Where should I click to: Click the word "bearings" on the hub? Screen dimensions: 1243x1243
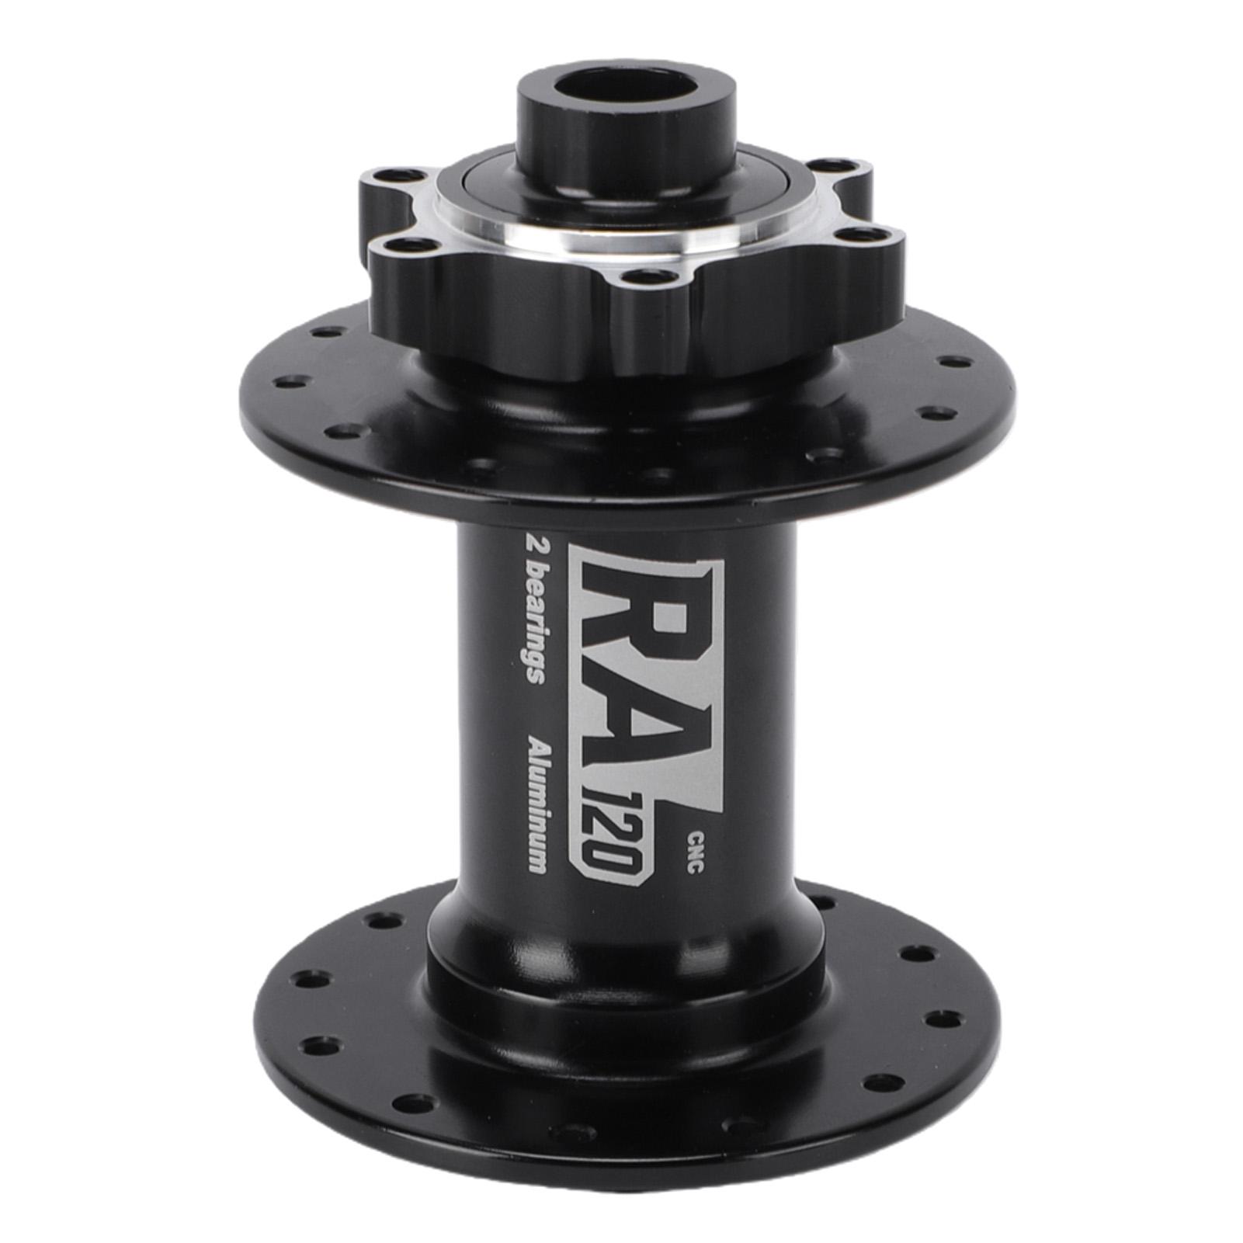533,622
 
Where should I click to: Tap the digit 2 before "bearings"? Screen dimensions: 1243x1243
533,542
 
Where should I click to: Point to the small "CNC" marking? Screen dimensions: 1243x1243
695,853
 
